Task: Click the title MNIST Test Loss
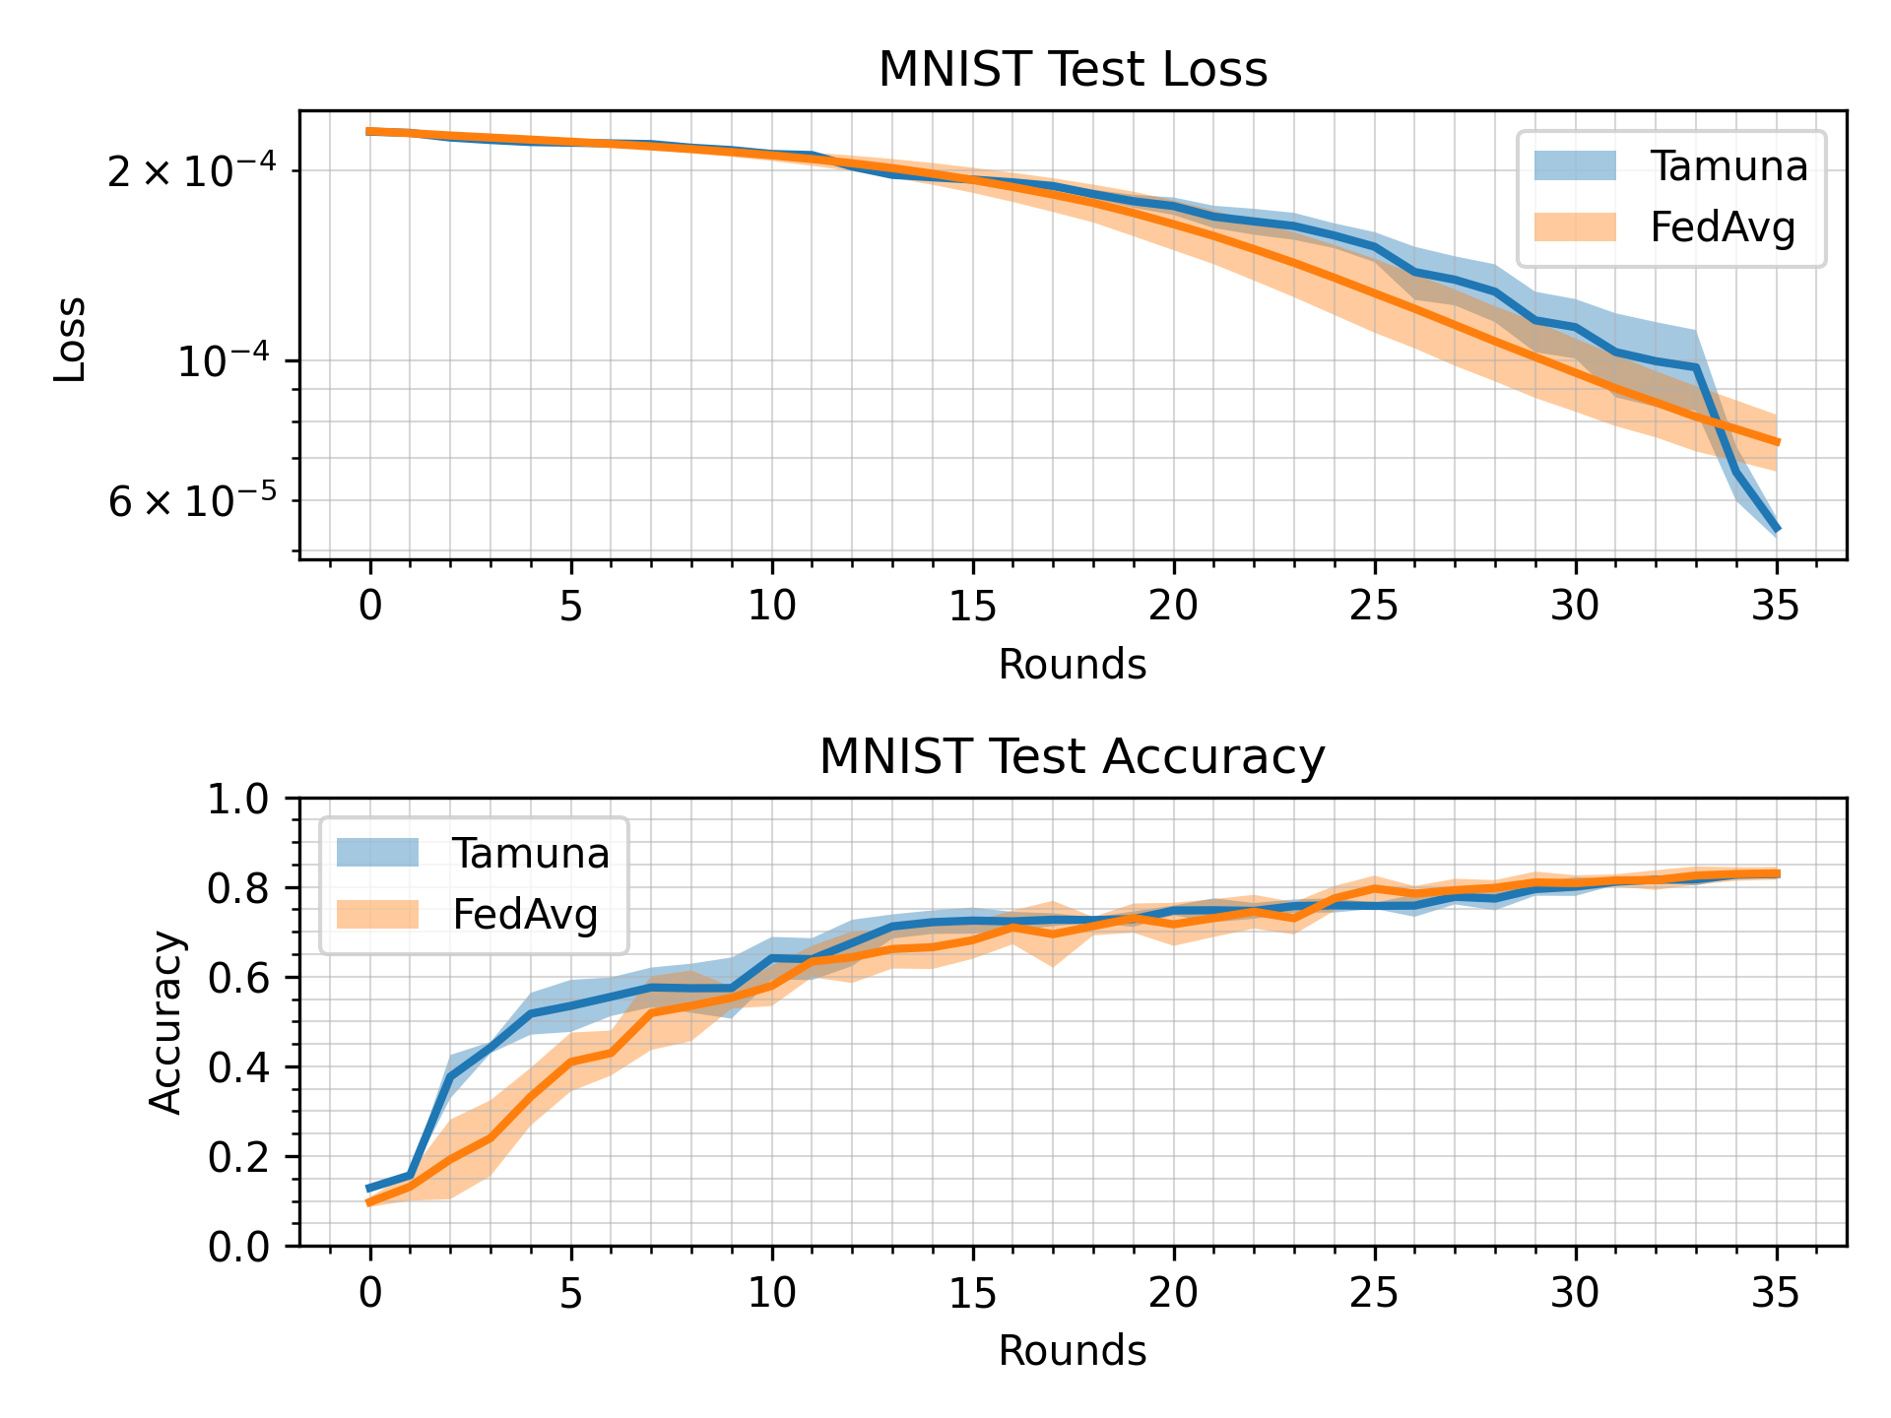[1072, 70]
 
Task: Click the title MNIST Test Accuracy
[1072, 757]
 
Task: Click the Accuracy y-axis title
[166, 1022]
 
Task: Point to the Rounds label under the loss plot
[1072, 665]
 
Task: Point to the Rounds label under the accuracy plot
[1072, 1351]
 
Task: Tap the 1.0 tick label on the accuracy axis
[237, 800]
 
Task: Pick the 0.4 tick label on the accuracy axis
[237, 1067]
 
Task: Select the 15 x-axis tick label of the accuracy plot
[973, 1293]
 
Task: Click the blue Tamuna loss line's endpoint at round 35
[1776, 530]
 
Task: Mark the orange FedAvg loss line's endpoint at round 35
[1776, 442]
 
